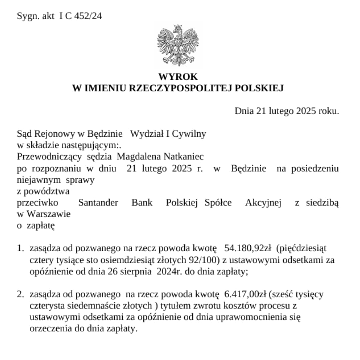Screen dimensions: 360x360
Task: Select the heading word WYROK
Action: pyautogui.click(x=178, y=77)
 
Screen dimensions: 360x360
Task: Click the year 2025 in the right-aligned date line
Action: pyautogui.click(x=305, y=111)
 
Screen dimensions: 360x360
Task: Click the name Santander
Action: pyautogui.click(x=98, y=202)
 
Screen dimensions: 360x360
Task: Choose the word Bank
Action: pyautogui.click(x=142, y=202)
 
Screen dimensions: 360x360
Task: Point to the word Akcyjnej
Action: pyautogui.click(x=263, y=202)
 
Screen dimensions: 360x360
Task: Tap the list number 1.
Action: pyautogui.click(x=20, y=248)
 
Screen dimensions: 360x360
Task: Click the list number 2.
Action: pyautogui.click(x=20, y=294)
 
